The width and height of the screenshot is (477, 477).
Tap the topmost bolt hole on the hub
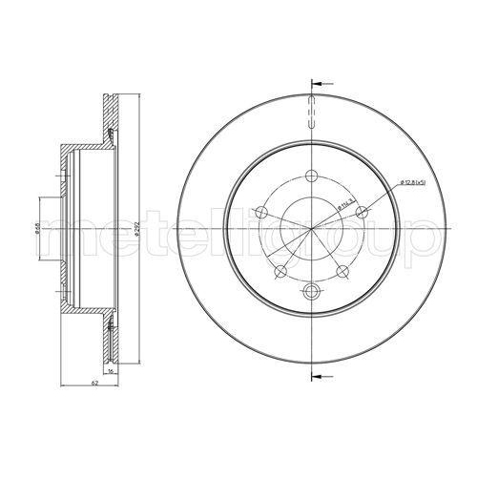pos(313,175)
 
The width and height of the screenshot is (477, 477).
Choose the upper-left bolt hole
pos(263,211)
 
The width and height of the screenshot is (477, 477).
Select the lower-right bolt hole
pos(343,270)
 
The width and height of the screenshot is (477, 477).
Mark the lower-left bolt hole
pos(281,270)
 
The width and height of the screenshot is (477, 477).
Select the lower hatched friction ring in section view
pos(110,334)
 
